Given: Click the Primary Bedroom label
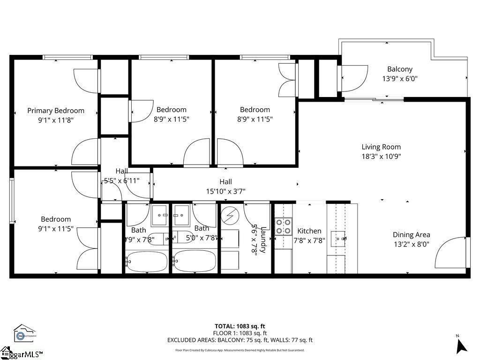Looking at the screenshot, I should (56, 111).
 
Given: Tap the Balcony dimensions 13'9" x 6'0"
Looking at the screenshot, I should (399, 79).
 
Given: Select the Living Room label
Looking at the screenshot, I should (381, 147).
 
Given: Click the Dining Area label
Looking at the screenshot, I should (411, 235).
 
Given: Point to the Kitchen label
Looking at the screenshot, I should (309, 231).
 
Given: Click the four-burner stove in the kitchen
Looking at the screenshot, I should (283, 226).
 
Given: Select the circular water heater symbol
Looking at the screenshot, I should (230, 216).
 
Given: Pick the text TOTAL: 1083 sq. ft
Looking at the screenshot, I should (240, 326).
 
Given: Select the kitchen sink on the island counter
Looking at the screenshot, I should (337, 238).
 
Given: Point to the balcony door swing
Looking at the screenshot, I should (353, 77).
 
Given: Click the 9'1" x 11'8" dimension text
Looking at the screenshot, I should (56, 120).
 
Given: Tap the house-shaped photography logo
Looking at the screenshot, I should (25, 332).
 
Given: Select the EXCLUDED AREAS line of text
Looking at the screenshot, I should (240, 340).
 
